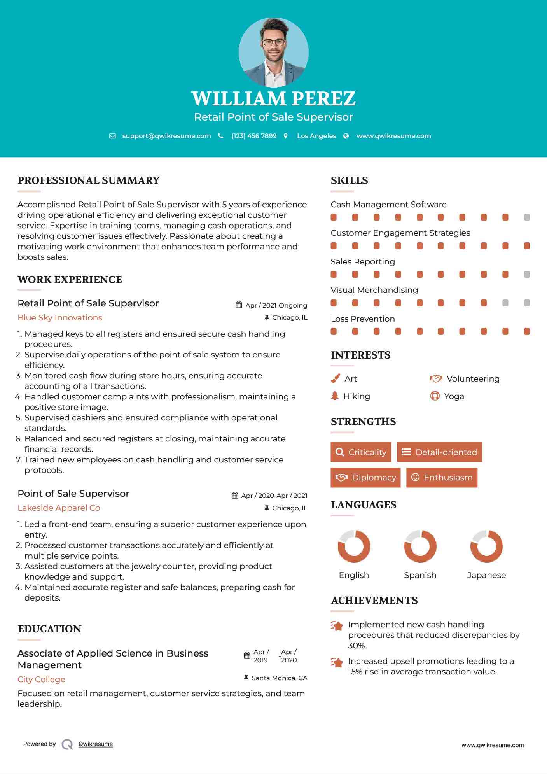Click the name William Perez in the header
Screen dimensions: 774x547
273,98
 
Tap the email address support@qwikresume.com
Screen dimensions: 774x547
166,136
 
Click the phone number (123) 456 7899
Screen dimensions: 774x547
254,136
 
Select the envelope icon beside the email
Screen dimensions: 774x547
112,136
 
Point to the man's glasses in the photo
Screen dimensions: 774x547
273,42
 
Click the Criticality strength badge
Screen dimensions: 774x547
361,452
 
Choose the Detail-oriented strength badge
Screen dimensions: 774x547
439,452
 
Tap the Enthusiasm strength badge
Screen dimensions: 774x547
442,477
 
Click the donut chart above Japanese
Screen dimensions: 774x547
486,546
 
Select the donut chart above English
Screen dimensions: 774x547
354,546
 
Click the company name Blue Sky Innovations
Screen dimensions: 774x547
60,318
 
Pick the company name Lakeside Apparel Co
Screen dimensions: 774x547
59,508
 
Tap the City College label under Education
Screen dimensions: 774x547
41,679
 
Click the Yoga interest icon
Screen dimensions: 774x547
435,396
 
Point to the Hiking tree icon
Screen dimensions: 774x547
335,396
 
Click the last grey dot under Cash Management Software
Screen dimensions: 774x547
527,217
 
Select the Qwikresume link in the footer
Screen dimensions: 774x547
96,744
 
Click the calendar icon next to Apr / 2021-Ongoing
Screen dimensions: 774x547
239,305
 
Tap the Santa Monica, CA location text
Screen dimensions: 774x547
279,678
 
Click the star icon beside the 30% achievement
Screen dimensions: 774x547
337,626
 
